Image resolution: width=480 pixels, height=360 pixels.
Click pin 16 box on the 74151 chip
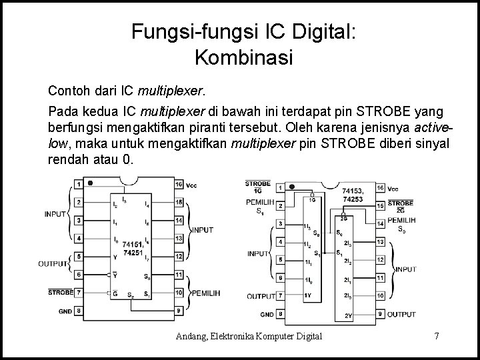coord(179,184)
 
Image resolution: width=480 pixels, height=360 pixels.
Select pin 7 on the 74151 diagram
coord(79,292)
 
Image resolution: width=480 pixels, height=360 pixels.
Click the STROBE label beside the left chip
coord(61,292)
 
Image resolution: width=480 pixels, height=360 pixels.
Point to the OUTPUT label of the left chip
coord(53,264)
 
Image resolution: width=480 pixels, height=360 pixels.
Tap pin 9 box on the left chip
coord(179,311)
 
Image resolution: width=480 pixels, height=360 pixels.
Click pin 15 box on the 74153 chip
coord(379,205)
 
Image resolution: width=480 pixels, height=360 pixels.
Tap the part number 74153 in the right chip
coord(353,190)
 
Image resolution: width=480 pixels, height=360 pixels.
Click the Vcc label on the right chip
coord(393,189)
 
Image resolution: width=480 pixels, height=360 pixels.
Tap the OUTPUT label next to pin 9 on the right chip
coord(402,313)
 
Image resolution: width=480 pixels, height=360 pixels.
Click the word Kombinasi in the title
coord(243,58)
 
